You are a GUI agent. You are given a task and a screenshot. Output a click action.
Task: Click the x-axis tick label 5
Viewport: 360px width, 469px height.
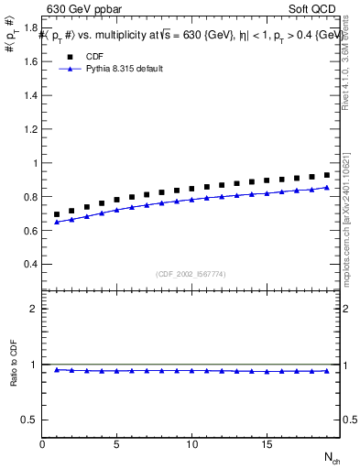[x=117, y=443]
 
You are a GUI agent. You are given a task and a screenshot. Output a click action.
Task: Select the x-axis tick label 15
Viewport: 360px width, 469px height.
[x=266, y=443]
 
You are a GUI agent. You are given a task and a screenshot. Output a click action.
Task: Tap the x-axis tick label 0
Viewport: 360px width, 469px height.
[x=42, y=443]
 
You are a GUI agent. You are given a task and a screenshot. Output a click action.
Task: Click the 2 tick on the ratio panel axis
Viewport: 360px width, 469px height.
[x=34, y=309]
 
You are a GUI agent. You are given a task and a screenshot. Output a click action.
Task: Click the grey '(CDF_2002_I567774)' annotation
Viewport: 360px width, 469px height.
[x=191, y=273]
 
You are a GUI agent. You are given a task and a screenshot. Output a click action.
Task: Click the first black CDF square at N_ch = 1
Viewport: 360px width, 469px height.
[x=57, y=214]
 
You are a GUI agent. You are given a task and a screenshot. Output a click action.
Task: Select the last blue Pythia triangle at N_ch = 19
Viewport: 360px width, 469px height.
[x=326, y=188]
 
